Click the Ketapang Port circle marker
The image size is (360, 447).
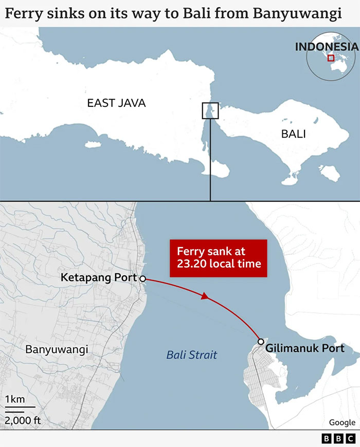(142, 278)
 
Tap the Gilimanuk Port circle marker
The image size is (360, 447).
(261, 342)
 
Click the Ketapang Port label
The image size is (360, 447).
(99, 277)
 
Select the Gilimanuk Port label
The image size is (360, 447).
(305, 348)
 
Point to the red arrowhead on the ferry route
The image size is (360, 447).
(205, 296)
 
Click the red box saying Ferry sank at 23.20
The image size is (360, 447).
(219, 258)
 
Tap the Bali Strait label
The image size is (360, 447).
(191, 355)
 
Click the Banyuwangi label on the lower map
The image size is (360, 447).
(57, 349)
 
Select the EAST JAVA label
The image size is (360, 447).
(116, 103)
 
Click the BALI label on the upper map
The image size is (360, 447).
(293, 134)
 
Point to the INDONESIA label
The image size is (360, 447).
(326, 47)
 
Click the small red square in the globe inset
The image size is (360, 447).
(331, 58)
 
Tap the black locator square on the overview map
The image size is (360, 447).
(210, 110)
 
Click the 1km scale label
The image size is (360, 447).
(14, 400)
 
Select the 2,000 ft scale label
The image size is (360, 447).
(23, 420)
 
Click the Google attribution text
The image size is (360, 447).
(342, 422)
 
